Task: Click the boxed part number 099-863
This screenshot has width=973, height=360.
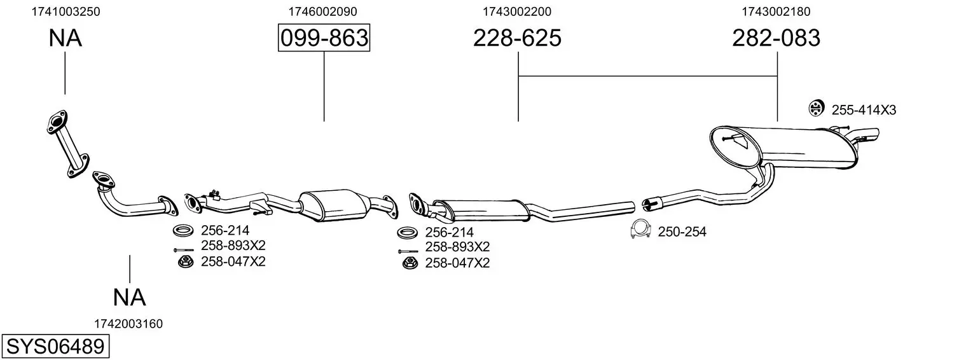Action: click(324, 38)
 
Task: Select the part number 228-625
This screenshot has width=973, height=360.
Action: click(517, 38)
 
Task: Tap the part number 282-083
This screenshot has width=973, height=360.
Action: click(776, 38)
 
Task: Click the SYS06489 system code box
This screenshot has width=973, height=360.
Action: click(55, 347)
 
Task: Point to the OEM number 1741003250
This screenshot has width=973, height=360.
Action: click(66, 11)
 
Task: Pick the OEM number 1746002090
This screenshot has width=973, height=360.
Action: click(322, 11)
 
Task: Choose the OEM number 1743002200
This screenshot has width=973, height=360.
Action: click(517, 11)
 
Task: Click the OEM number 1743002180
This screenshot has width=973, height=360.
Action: click(776, 11)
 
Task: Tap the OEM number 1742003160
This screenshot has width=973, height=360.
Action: click(128, 324)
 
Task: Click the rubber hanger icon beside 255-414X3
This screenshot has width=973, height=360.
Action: click(817, 108)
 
